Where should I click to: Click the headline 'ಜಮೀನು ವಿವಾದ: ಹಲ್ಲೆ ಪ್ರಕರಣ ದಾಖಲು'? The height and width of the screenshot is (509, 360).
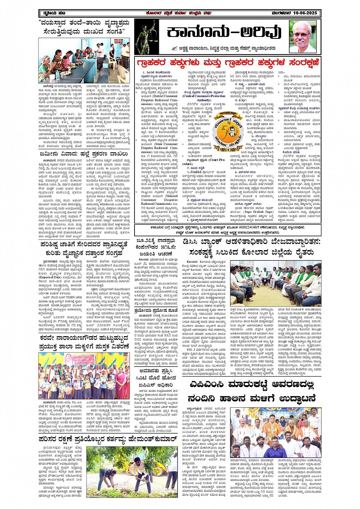(85, 154)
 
